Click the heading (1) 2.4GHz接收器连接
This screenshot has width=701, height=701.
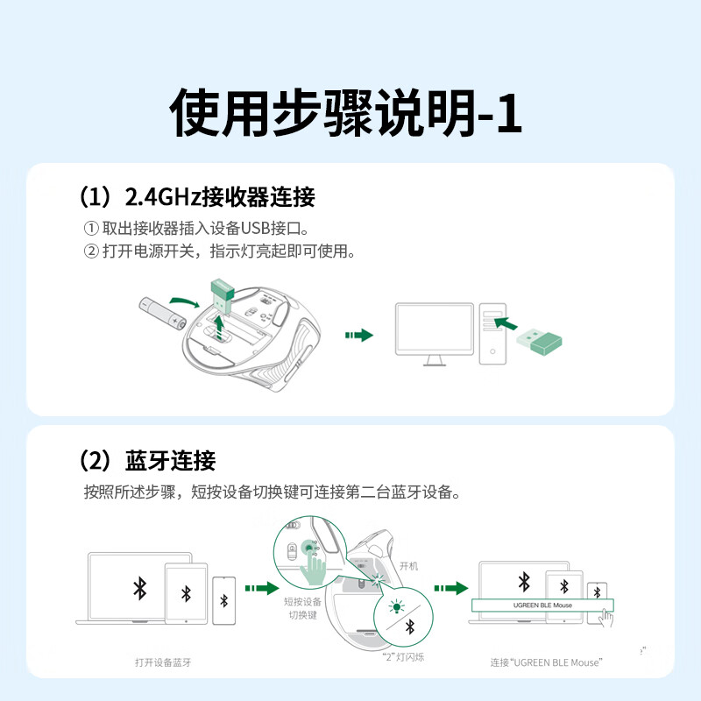tap(197, 196)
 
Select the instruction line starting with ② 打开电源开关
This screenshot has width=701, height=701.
tap(219, 252)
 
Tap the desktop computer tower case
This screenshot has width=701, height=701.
tap(493, 334)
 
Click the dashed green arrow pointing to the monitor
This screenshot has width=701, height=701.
tap(359, 336)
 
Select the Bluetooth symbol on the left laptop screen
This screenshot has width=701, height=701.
tap(139, 587)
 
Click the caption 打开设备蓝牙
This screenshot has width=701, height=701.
tap(163, 662)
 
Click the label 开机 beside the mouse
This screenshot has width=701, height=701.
tap(408, 566)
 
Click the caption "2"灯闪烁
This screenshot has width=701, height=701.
tap(403, 657)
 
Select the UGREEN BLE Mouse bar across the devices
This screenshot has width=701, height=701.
tap(542, 605)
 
